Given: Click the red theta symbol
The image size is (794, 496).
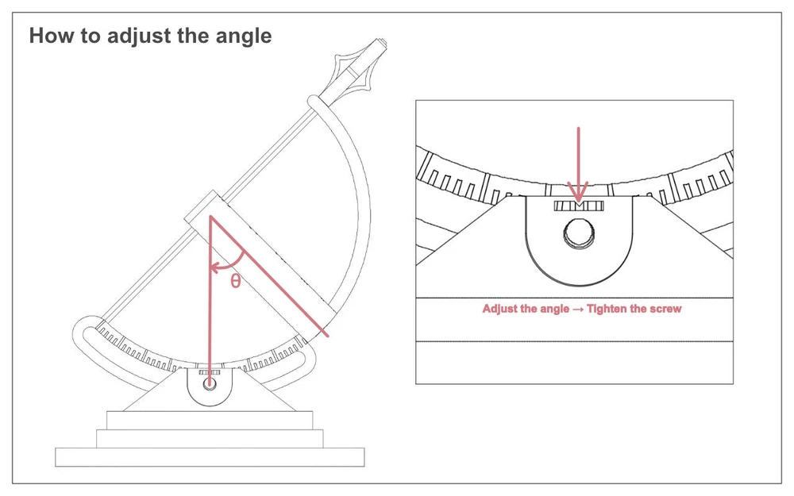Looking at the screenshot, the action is (235, 280).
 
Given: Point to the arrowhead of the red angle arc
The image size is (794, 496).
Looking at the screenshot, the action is (214, 266).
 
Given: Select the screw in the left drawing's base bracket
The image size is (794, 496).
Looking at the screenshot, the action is (209, 383).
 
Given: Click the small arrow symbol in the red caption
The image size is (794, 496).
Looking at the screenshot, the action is (578, 310).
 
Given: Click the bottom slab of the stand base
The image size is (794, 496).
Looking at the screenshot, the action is (210, 457).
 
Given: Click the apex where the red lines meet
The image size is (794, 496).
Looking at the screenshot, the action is (209, 217).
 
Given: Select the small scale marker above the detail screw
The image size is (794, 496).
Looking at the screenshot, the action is (580, 206).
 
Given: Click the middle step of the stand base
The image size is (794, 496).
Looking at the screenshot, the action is (210, 439).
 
